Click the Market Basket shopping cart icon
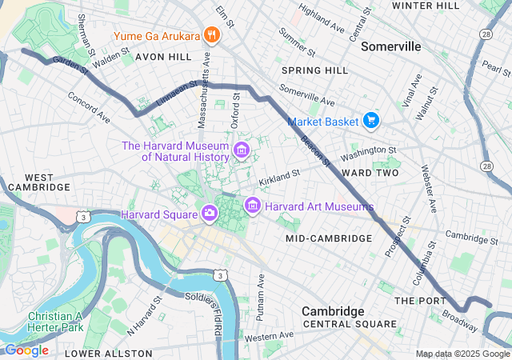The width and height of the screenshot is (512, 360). [x=370, y=121]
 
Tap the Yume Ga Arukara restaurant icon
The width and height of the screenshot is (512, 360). [x=211, y=35]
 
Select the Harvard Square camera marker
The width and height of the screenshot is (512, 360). [x=209, y=213]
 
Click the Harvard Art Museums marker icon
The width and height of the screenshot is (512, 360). [x=253, y=206]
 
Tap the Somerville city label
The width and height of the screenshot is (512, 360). [x=390, y=46]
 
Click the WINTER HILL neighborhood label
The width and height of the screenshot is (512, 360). [x=423, y=6]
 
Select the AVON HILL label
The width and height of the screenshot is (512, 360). [x=163, y=58]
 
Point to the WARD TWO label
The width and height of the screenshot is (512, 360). [x=370, y=173]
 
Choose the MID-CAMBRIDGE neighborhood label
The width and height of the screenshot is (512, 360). [x=328, y=238]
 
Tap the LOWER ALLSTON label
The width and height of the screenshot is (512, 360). [x=108, y=353]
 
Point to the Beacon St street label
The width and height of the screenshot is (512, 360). [x=316, y=149]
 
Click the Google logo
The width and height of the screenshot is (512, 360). [x=26, y=350]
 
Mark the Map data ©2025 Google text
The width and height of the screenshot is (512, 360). [x=462, y=354]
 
